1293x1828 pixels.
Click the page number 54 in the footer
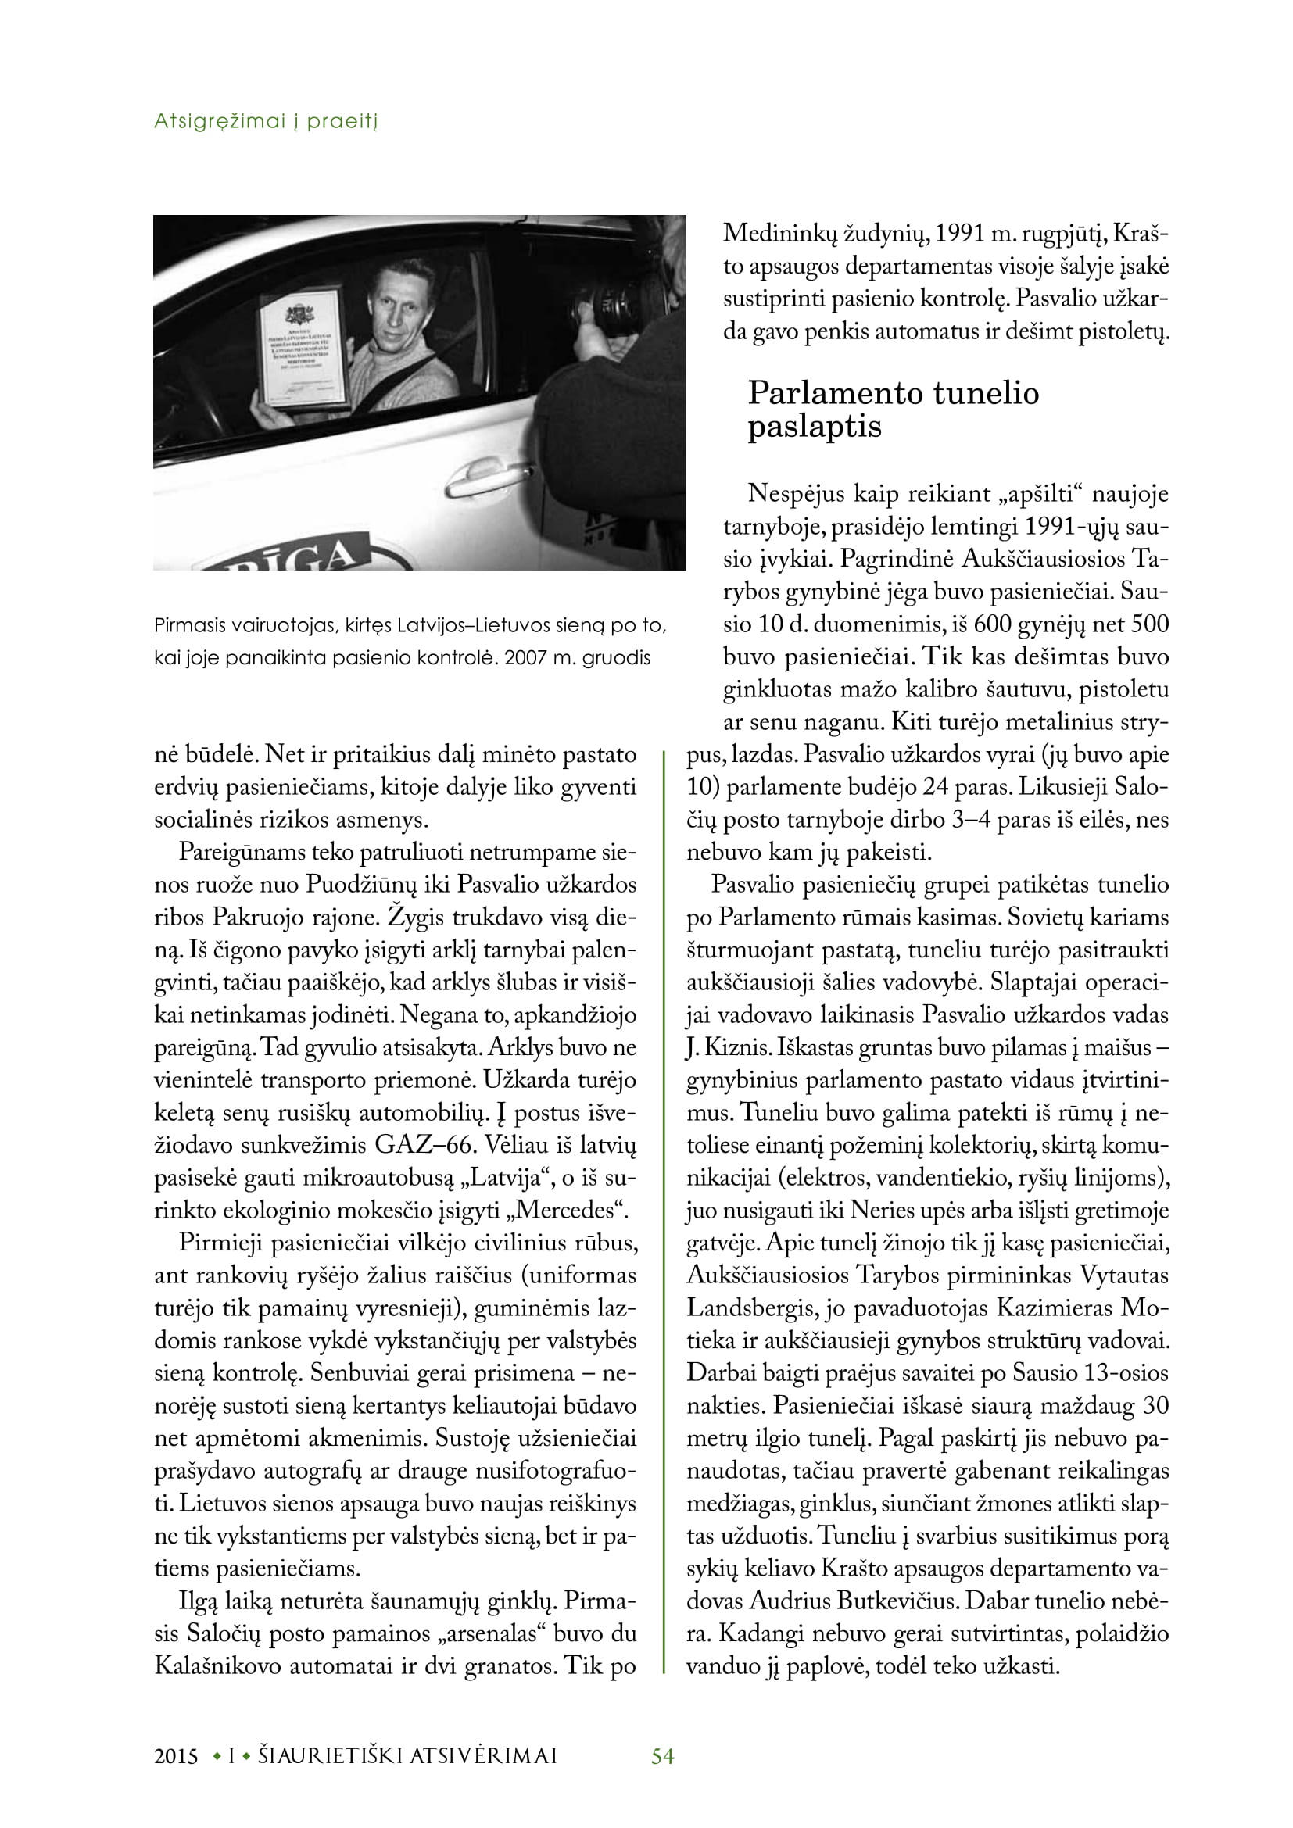tap(662, 1755)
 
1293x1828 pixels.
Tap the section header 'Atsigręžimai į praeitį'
tap(265, 121)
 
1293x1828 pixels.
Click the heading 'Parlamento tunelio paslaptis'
tap(893, 410)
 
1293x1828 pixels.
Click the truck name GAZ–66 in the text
tap(414, 1145)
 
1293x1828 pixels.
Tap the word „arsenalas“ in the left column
tap(488, 1633)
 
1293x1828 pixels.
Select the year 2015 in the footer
tap(176, 1755)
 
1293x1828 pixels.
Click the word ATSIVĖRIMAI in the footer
tap(482, 1755)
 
